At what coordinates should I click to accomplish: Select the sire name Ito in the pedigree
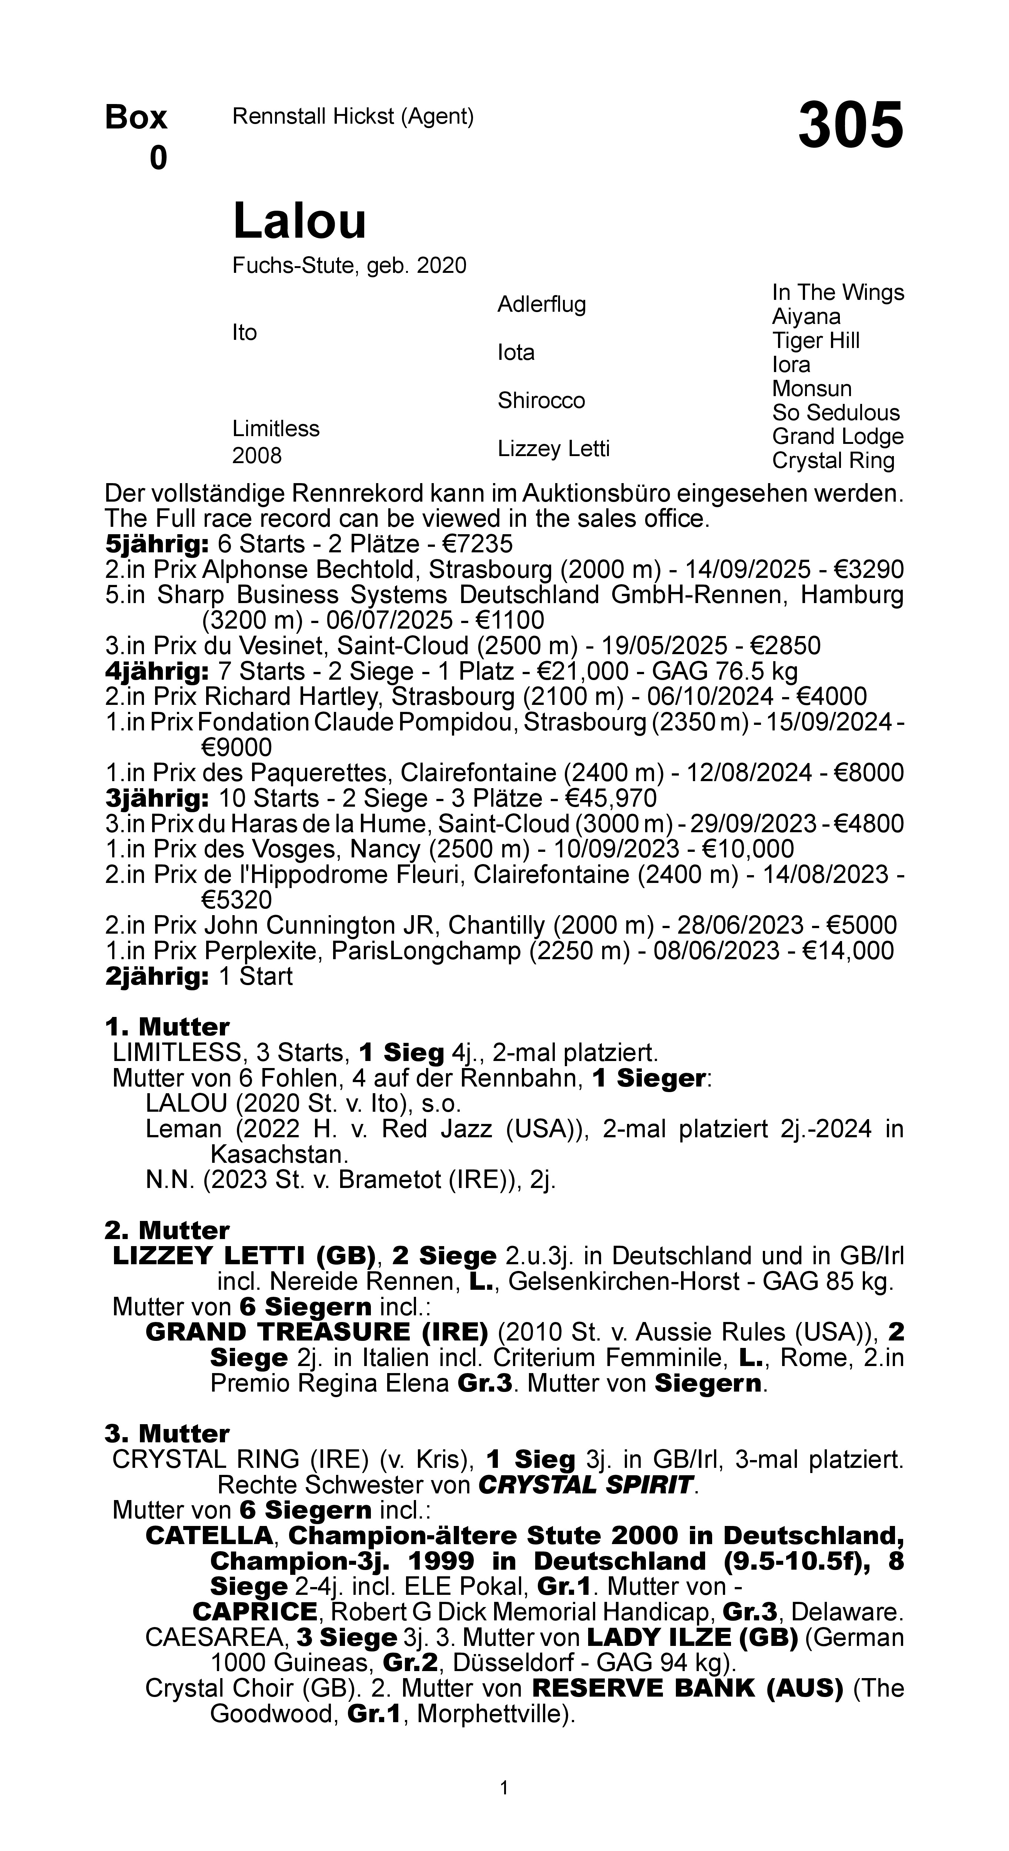(244, 333)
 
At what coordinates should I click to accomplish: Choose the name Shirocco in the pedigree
(541, 400)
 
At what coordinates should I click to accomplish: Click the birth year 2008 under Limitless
(257, 456)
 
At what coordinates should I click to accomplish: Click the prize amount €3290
(868, 570)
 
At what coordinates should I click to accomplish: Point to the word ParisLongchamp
(425, 951)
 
